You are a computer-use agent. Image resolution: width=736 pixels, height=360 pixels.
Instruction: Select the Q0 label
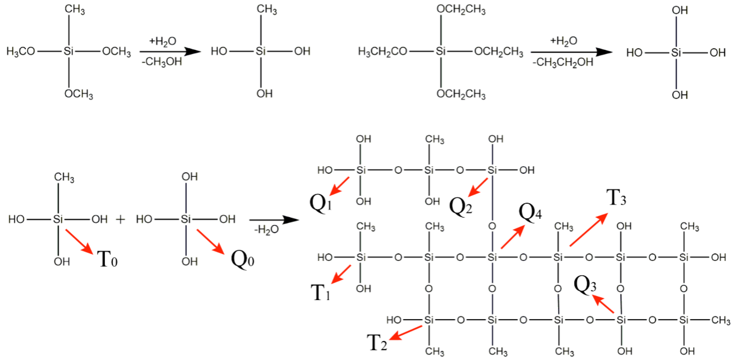coord(242,259)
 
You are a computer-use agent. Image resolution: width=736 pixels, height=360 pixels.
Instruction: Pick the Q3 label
coord(585,285)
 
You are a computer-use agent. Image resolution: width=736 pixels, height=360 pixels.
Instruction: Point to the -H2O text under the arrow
coord(266,229)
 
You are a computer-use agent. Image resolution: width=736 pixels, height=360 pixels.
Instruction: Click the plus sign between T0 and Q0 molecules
coord(120,219)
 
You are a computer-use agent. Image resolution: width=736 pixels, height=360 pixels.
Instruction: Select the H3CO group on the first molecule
coord(21,51)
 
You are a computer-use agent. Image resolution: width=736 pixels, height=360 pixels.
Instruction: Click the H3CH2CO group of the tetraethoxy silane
coord(382,52)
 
